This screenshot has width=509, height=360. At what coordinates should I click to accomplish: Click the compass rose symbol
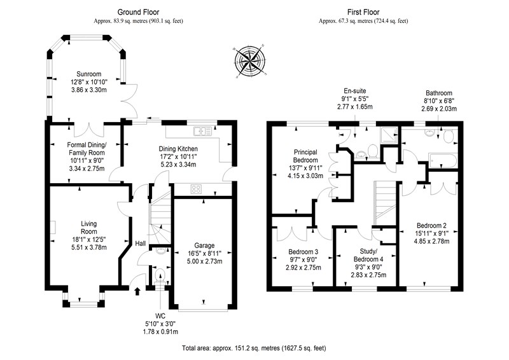(249, 61)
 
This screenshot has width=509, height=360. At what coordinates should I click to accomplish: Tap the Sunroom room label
(88, 74)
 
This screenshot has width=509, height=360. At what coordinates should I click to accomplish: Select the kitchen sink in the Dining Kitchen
(202, 131)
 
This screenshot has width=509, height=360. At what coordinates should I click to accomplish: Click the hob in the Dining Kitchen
(196, 189)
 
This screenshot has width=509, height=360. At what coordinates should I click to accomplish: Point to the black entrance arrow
(137, 291)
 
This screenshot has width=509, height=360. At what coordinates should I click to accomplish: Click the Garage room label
(204, 246)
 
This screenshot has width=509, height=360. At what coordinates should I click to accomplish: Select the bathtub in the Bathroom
(443, 160)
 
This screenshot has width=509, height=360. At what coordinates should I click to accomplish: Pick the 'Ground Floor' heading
(138, 12)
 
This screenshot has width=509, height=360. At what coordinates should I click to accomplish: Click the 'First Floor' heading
(363, 12)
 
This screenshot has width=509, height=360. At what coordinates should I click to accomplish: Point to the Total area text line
(254, 349)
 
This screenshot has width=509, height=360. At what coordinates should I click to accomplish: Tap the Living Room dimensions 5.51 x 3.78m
(89, 247)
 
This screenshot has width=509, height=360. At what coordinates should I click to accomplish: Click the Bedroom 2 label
(431, 226)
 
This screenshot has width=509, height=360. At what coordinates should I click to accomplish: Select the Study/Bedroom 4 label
(368, 255)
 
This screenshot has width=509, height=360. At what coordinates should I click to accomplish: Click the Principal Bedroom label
(305, 156)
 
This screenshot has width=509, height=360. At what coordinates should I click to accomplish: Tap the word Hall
(140, 244)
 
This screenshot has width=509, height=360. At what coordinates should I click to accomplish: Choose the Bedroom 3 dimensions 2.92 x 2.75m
(303, 268)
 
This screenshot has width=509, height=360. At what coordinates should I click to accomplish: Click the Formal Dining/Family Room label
(87, 149)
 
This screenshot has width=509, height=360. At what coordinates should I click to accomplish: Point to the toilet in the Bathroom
(449, 136)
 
